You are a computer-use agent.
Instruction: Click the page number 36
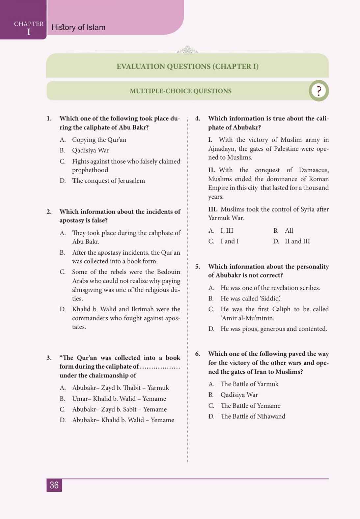(54, 485)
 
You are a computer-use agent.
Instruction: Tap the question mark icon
(319, 91)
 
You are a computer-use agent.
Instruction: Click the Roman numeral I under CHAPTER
(29, 32)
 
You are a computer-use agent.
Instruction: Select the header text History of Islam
(78, 27)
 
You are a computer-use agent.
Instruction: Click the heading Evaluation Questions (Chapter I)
(188, 66)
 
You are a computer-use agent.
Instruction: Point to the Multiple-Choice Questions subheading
(180, 91)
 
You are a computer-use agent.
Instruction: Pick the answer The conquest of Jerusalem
(108, 181)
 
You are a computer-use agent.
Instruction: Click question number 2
(49, 212)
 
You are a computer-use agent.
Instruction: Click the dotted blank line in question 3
(160, 367)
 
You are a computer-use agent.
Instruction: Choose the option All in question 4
(289, 230)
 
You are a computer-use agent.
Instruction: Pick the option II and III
(297, 241)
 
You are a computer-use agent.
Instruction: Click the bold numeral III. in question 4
(213, 209)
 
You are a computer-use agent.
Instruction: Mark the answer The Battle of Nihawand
(253, 416)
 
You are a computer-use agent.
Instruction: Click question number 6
(197, 354)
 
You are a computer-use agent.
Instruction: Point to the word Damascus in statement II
(314, 170)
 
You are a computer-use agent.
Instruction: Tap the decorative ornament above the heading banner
(187, 50)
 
